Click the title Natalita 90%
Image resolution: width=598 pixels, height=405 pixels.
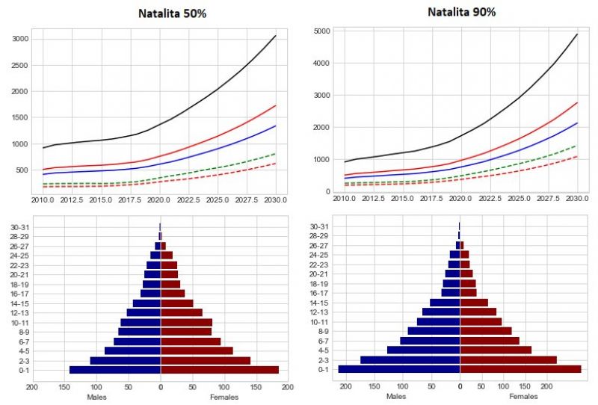pos(461,12)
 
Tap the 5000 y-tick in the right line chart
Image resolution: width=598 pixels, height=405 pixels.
pos(321,31)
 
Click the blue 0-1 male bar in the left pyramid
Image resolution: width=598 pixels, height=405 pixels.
pos(115,370)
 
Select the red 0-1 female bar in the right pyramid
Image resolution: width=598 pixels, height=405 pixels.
pos(520,369)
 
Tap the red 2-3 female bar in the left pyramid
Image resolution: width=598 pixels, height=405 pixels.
pos(206,360)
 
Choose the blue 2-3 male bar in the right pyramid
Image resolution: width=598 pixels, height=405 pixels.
pos(410,359)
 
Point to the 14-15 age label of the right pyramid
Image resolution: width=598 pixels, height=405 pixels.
pos(319,303)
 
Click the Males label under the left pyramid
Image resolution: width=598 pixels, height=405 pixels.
pos(96,397)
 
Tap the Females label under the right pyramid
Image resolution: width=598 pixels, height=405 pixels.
pos(523,397)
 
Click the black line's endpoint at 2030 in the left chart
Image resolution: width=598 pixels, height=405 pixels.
pos(275,36)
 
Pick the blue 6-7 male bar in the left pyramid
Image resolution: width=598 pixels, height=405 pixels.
pos(137,341)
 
